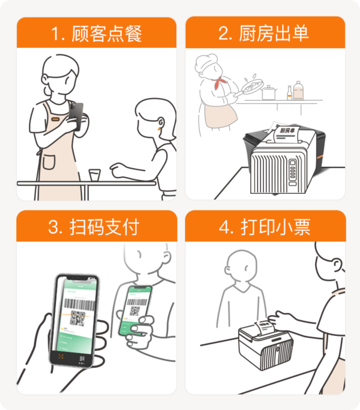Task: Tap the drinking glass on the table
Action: (x=94, y=175)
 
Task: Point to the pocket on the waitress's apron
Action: (x=50, y=161)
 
